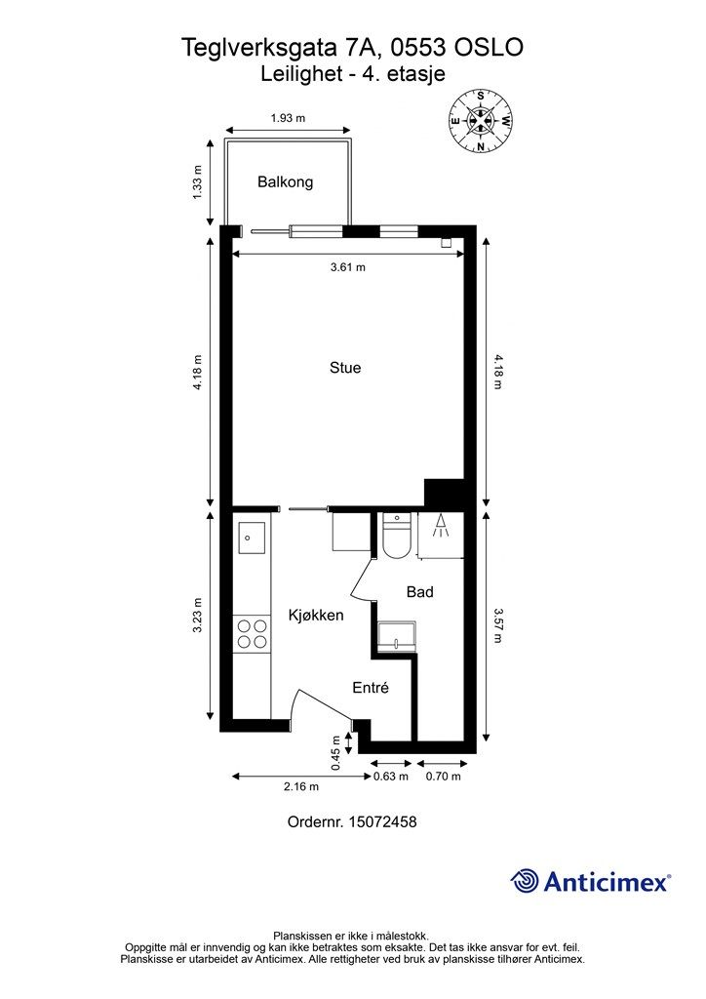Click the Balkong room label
[x=285, y=182]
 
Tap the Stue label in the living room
[x=345, y=368]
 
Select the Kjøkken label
[x=316, y=615]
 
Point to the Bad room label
[x=419, y=592]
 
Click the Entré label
[x=371, y=688]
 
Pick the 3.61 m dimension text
[x=347, y=267]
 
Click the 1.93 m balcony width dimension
[x=288, y=118]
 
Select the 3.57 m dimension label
[x=497, y=625]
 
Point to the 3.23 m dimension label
[x=197, y=615]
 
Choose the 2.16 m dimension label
[x=301, y=787]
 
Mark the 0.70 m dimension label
[x=443, y=776]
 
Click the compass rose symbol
[x=481, y=120]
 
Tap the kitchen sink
[x=252, y=538]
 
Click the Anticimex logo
[x=590, y=882]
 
